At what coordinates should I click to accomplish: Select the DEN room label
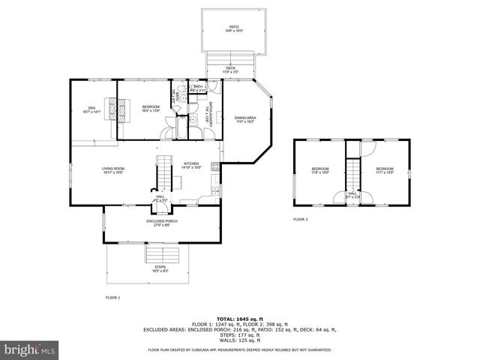(x=92, y=109)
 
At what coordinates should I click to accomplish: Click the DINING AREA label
(x=245, y=119)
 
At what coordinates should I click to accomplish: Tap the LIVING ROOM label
(x=113, y=170)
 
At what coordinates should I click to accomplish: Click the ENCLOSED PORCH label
(x=161, y=223)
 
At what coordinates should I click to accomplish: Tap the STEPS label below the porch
(x=160, y=269)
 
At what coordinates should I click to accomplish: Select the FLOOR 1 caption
(x=112, y=298)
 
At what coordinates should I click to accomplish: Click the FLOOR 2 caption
(x=301, y=219)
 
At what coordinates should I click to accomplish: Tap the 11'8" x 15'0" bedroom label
(x=320, y=171)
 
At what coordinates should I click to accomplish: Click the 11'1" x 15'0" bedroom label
(x=385, y=171)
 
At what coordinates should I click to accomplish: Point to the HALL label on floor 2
(x=352, y=196)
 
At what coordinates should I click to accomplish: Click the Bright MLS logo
(x=28, y=349)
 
